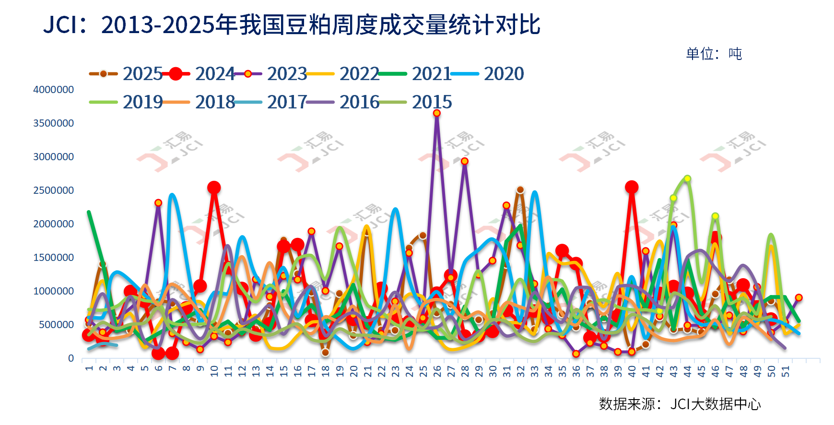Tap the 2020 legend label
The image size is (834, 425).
click(504, 74)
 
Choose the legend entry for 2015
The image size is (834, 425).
click(432, 102)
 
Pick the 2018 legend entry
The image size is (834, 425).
click(215, 102)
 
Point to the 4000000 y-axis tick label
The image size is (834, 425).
click(53, 90)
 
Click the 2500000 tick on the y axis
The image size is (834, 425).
click(53, 190)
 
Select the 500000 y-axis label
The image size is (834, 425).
click(56, 325)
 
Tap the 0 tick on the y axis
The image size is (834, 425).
click(71, 358)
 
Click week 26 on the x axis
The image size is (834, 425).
click(437, 371)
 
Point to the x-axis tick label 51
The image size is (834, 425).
click(786, 371)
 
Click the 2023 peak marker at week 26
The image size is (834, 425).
click(437, 113)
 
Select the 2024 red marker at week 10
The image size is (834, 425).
click(214, 188)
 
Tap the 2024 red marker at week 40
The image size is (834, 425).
click(632, 187)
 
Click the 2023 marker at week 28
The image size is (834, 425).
click(464, 161)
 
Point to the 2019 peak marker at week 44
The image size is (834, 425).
click(687, 178)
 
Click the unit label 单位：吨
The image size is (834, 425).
click(714, 54)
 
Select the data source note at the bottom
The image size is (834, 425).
click(680, 404)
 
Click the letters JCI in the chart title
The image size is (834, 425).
click(60, 25)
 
